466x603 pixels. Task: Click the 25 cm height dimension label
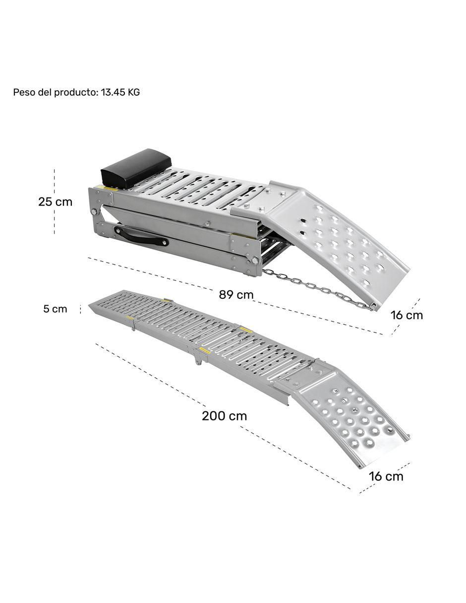(x=55, y=202)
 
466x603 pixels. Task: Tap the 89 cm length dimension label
(x=236, y=294)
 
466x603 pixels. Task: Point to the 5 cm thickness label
(x=55, y=309)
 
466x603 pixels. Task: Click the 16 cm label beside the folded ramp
(x=407, y=315)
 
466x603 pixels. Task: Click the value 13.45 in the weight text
(x=113, y=92)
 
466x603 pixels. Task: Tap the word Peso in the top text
(x=22, y=92)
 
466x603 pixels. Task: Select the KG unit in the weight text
(x=133, y=92)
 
